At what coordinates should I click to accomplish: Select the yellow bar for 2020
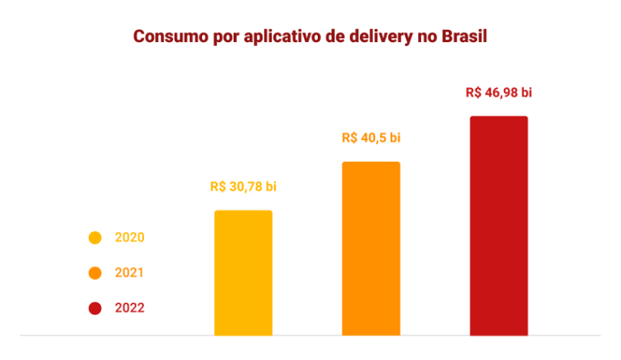click(243, 273)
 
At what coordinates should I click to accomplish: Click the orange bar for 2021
click(371, 248)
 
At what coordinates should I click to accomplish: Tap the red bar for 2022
click(499, 226)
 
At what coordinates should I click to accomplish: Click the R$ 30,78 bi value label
click(243, 187)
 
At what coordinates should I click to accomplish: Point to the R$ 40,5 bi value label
click(371, 138)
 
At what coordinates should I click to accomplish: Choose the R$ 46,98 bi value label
click(499, 92)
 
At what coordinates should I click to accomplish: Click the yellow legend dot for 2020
click(95, 238)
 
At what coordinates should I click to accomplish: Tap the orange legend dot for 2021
click(95, 273)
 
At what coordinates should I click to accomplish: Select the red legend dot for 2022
click(95, 308)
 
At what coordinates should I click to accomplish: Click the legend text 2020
click(129, 238)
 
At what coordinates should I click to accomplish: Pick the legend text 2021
click(129, 273)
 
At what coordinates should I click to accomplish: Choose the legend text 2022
click(129, 308)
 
